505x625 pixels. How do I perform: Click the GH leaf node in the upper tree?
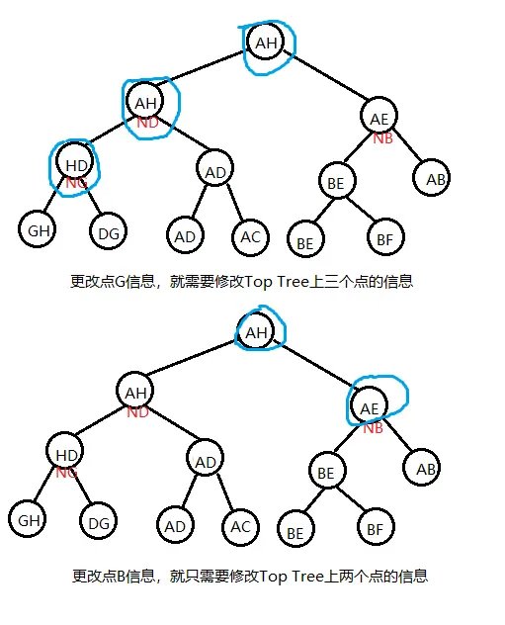[x=37, y=229]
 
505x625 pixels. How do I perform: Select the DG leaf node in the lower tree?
[x=99, y=520]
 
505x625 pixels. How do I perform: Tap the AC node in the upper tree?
[x=250, y=236]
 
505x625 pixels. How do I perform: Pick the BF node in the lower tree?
[x=376, y=528]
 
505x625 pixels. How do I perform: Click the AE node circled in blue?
[x=370, y=405]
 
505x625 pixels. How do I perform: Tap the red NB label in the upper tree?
[x=382, y=137]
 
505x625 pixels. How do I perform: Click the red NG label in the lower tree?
[x=66, y=473]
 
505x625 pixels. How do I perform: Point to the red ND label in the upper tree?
[x=147, y=123]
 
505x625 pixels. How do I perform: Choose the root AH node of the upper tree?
[x=266, y=42]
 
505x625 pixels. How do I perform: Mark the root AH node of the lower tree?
[x=256, y=331]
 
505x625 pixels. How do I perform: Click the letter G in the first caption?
[x=120, y=282]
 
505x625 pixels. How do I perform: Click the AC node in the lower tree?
[x=240, y=526]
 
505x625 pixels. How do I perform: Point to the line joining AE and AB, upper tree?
[x=407, y=146]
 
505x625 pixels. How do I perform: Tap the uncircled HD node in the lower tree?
[x=65, y=452]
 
